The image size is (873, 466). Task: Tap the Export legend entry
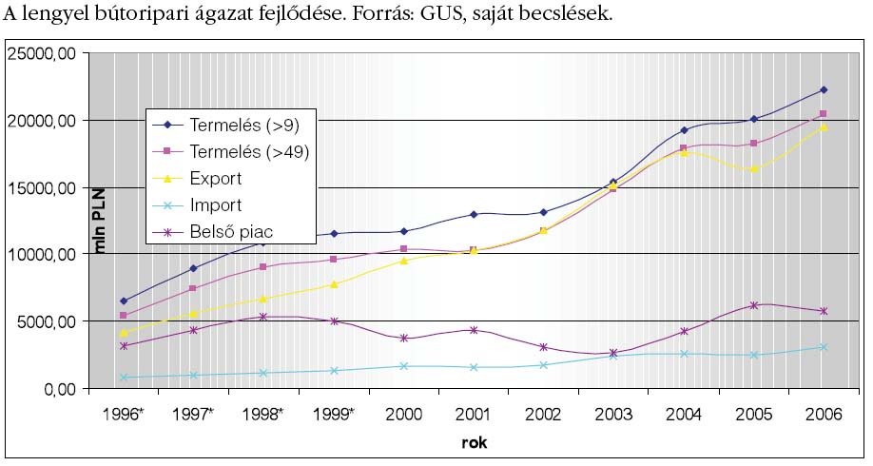click(216, 178)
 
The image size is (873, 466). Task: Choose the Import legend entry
click(216, 204)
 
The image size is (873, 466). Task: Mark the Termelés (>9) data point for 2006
click(824, 90)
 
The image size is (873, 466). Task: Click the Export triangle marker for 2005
click(753, 169)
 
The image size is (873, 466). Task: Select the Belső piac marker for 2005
click(753, 305)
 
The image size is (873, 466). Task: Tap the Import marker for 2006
click(824, 347)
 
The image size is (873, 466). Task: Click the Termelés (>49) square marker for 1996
click(123, 316)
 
